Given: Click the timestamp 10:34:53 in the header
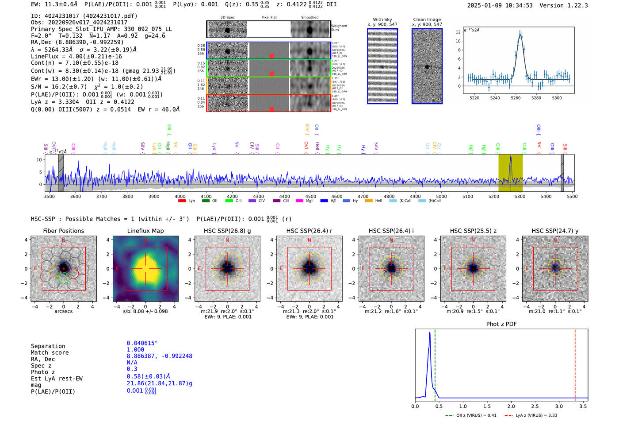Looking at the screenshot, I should [517, 5].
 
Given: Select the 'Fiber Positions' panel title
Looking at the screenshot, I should [63, 231].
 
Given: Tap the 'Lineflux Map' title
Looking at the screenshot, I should [145, 231].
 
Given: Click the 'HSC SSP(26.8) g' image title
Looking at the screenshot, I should [227, 231].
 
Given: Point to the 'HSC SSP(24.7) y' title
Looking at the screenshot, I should [555, 231].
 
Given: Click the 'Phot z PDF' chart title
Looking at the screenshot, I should [501, 324].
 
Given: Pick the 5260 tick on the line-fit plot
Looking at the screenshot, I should [516, 98].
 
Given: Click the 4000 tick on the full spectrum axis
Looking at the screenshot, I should [180, 196].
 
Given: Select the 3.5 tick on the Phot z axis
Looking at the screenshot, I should [583, 406].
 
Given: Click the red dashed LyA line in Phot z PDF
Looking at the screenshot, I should [575, 363].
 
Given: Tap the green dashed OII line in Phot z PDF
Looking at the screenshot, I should [435, 363].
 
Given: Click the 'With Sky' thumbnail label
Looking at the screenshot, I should [382, 19].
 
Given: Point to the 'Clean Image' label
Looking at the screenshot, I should [427, 19].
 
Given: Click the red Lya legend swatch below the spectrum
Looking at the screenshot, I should [182, 201].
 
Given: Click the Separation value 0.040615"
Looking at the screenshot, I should [142, 343].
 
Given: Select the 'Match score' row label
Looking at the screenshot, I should [50, 352].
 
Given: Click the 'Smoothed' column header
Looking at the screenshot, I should [309, 17].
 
